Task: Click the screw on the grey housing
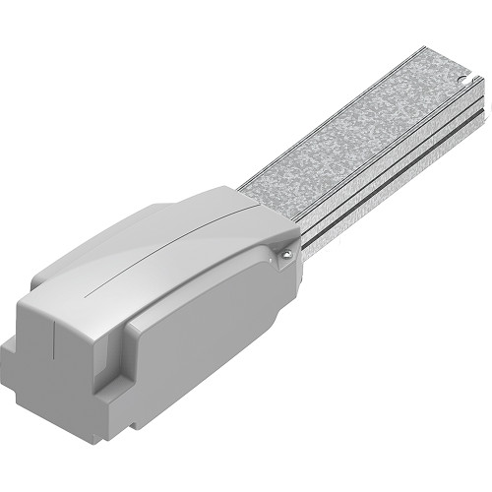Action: click(283, 254)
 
